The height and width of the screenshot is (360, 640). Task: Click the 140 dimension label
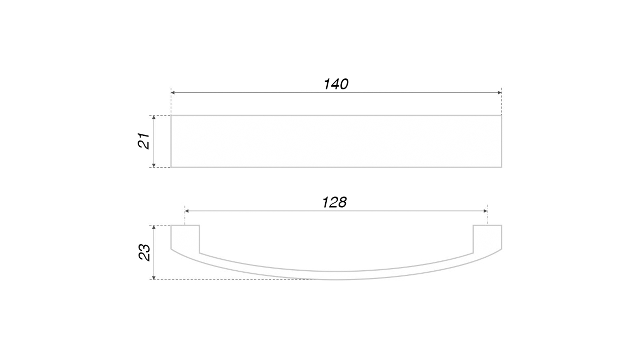(x=336, y=84)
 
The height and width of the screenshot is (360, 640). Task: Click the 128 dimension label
(x=334, y=202)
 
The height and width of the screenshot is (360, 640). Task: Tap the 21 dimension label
(x=144, y=141)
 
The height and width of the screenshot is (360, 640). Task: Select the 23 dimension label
(x=144, y=252)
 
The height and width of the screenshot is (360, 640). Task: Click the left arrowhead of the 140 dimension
(x=173, y=93)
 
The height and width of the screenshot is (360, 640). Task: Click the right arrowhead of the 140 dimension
(x=499, y=93)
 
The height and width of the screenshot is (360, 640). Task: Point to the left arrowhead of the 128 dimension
(x=187, y=211)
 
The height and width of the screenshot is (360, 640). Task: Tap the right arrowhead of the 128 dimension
(x=485, y=211)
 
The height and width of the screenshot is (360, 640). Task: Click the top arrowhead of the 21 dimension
(x=154, y=118)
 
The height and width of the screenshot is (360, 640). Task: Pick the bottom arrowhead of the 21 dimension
(x=154, y=165)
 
